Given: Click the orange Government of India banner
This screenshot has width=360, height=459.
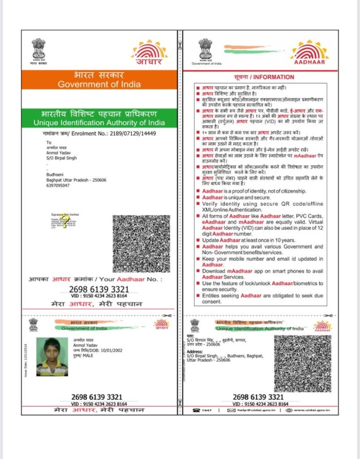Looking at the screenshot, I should coord(99,79).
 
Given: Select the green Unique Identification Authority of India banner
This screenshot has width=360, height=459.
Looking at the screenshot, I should coord(99,118).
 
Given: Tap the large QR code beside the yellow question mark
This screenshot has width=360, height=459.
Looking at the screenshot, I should coord(141,244).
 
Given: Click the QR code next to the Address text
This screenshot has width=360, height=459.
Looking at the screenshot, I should coord(302,363).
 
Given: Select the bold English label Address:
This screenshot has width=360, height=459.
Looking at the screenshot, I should coord(195,351).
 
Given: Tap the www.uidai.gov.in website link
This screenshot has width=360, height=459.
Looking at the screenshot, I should coord(315,410).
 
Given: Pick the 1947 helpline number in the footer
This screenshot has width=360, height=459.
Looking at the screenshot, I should coord(206,410).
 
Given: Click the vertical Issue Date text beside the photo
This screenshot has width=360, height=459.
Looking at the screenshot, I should coord(25,361).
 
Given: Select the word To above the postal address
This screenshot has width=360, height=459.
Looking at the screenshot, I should coord(49,143).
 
